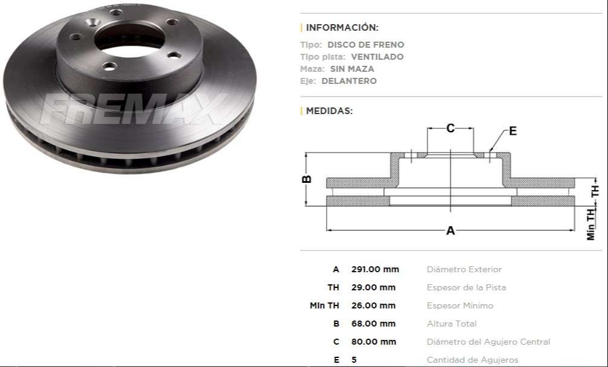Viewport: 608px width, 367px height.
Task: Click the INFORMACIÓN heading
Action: (x=342, y=27)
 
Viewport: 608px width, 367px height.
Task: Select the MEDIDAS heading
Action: (x=329, y=110)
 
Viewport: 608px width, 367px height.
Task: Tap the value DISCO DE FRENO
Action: (x=365, y=45)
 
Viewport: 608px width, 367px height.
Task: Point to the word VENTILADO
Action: (x=377, y=57)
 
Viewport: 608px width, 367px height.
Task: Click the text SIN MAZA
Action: (x=351, y=69)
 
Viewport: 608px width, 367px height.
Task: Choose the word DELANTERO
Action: (x=348, y=81)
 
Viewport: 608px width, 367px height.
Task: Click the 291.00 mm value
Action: (x=375, y=269)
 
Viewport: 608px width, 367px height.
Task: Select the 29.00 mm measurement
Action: (x=373, y=287)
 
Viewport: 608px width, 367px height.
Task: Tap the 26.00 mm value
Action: (x=373, y=305)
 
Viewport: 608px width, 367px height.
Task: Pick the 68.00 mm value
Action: (x=373, y=324)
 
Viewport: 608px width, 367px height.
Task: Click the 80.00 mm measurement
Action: (x=373, y=342)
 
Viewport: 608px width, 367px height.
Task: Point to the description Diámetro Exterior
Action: (x=464, y=269)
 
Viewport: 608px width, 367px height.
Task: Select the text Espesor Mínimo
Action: (x=459, y=305)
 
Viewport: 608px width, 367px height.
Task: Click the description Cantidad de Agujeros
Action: (x=472, y=360)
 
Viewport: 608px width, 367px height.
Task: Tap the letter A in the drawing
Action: (x=450, y=231)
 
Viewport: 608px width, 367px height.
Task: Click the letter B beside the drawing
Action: (x=307, y=179)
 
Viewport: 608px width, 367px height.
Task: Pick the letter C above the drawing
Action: (x=450, y=128)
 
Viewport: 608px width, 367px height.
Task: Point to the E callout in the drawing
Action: (x=513, y=131)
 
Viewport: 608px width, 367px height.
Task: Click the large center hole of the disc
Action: (x=129, y=37)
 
